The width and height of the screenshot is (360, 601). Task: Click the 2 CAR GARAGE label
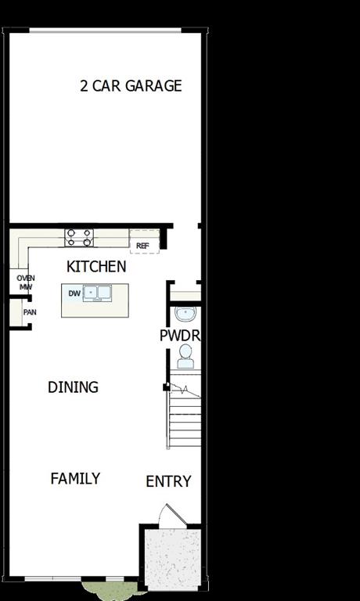coord(131,86)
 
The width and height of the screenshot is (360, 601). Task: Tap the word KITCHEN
coord(96,267)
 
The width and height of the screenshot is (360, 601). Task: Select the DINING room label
coord(73,387)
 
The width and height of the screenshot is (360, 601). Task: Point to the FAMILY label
coord(75,478)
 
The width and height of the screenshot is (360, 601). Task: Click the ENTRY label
coord(168,482)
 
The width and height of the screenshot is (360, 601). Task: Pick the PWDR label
coord(181,336)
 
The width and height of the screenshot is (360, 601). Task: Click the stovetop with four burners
coord(79,237)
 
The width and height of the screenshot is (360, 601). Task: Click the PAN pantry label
coord(29,312)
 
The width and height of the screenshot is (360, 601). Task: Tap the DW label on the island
coord(74,293)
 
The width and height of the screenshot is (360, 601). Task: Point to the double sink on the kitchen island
coord(99,293)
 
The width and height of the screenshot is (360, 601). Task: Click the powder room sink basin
coord(185,315)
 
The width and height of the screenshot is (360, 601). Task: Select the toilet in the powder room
coord(185,358)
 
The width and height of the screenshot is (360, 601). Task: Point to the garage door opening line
coord(105,31)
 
